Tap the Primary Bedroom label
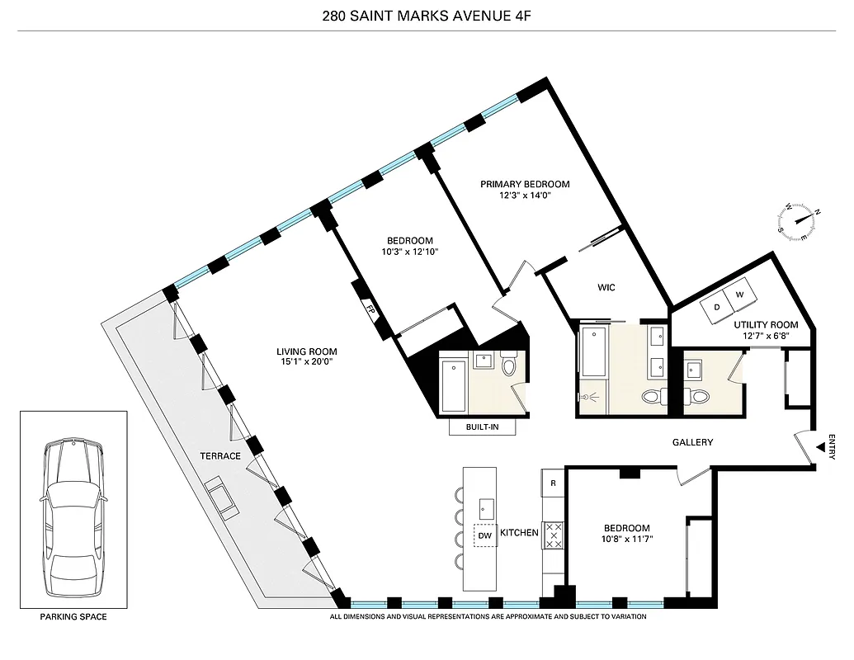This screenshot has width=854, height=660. [525, 185]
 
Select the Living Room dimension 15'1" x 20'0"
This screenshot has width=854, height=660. [306, 363]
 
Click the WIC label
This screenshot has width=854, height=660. [606, 288]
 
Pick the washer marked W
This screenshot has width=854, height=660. [739, 295]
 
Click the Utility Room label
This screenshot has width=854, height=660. [766, 325]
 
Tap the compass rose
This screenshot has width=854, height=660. [800, 219]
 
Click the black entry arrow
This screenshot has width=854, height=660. [820, 447]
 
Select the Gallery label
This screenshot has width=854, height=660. [691, 443]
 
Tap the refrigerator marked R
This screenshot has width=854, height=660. [553, 483]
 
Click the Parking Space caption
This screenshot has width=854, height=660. [73, 616]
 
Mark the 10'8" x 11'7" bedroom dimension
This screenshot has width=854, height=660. [626, 540]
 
